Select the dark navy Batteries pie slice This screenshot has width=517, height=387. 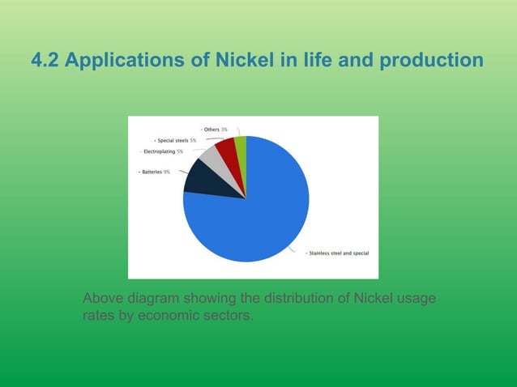coord(203,180)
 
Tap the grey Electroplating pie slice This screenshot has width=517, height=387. coord(212,159)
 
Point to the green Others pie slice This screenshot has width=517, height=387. coord(241,147)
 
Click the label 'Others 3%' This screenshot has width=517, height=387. coord(215,130)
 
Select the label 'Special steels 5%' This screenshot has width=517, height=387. coord(176,140)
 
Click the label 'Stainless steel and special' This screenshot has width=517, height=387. coord(340,253)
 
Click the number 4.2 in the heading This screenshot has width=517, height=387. coord(45,61)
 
